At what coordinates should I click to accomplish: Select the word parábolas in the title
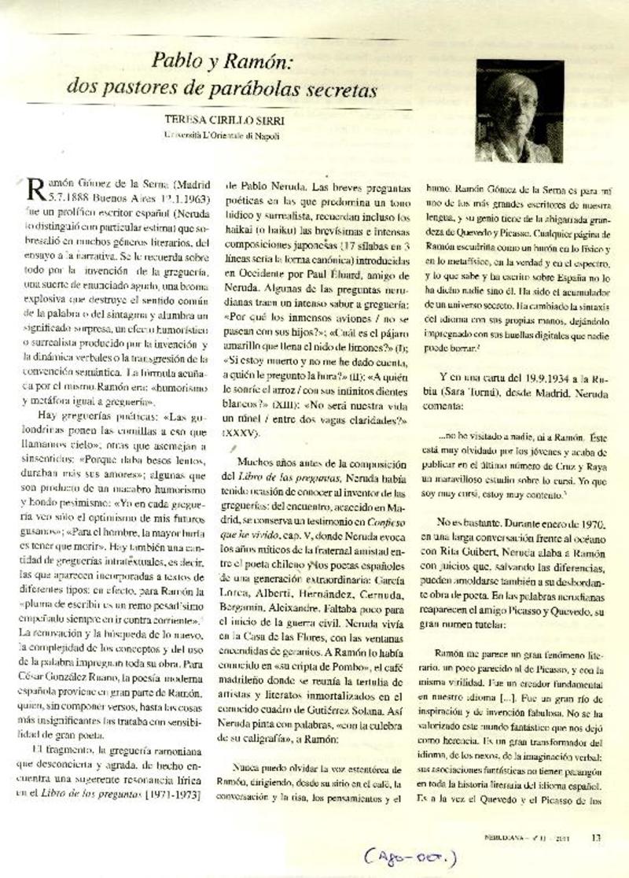click(274, 90)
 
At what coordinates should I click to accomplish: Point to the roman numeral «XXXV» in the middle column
click(245, 432)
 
